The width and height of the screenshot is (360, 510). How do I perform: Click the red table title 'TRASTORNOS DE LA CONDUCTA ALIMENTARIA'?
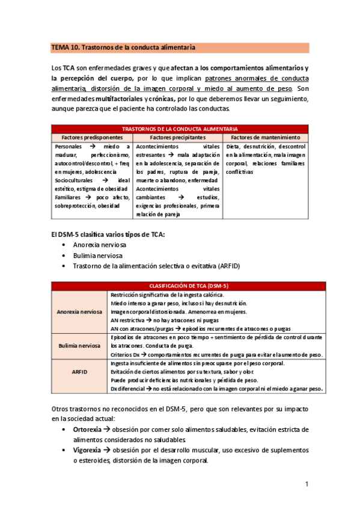[x=180, y=129]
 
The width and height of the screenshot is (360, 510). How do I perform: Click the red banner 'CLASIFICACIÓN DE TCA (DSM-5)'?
[x=188, y=286]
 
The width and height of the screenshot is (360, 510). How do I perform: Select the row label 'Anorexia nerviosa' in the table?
[x=79, y=312]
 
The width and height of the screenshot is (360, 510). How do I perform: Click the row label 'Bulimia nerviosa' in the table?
[x=79, y=346]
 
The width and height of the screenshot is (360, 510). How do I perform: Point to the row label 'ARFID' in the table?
[x=79, y=372]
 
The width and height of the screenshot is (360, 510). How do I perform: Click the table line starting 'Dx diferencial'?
[x=216, y=389]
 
